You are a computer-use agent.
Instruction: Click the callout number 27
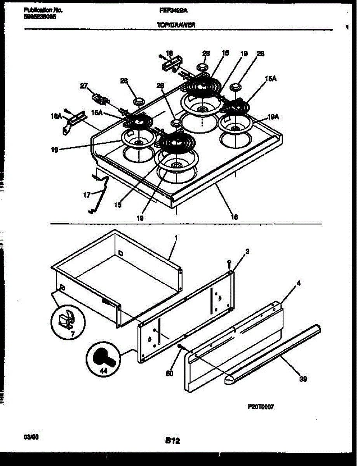coord(84,86)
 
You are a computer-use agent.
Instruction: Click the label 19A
coord(273,116)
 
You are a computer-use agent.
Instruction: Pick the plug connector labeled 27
coord(100,99)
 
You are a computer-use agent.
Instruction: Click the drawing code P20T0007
coord(261,407)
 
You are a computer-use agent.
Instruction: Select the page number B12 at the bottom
coord(172,440)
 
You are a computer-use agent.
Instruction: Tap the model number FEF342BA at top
coord(173,11)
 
